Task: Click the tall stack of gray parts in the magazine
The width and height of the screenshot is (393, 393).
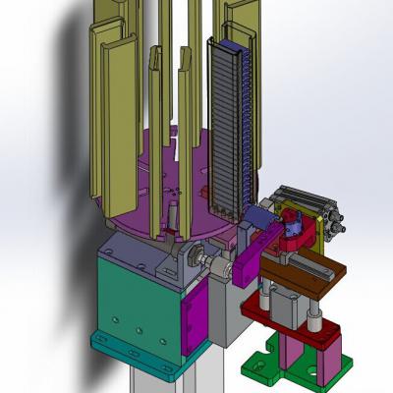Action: pos(230,118)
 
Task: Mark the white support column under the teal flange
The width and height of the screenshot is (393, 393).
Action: pos(157,378)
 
